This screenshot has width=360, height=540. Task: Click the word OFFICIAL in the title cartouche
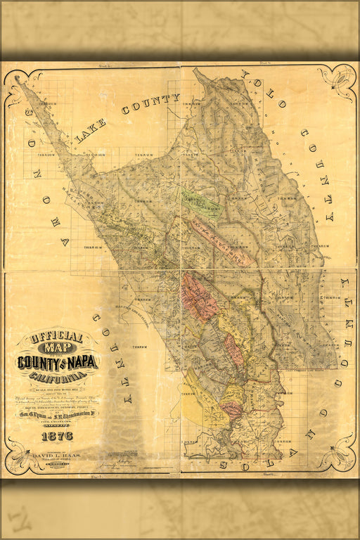click(58, 337)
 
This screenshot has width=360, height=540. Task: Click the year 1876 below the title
click(58, 436)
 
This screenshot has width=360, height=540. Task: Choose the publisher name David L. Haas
click(56, 457)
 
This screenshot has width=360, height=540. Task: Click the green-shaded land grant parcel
click(201, 204)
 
